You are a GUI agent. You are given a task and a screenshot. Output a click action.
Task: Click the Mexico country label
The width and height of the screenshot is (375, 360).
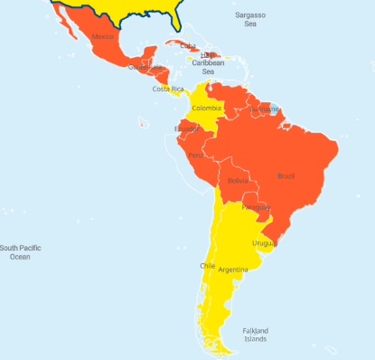(105, 37)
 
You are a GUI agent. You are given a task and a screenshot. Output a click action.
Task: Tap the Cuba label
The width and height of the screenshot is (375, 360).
(188, 45)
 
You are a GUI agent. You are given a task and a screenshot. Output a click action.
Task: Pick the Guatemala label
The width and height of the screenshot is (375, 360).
(145, 67)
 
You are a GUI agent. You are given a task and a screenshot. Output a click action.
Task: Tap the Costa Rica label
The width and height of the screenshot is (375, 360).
(167, 89)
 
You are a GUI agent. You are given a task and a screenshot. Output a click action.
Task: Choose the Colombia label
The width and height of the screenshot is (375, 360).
(205, 109)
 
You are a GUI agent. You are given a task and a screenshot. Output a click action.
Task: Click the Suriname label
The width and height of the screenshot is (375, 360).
(265, 109)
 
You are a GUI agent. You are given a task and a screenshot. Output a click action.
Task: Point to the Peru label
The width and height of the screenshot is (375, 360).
(195, 156)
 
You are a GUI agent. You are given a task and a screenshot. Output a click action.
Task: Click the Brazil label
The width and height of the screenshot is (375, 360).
(286, 175)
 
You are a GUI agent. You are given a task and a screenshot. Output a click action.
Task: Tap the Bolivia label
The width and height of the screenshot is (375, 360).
(238, 181)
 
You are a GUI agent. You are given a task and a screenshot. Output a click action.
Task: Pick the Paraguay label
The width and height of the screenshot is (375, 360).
(256, 207)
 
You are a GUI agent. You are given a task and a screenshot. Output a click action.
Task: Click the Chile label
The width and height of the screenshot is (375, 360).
(208, 266)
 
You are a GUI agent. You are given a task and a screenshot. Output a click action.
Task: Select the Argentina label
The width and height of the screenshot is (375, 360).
(233, 270)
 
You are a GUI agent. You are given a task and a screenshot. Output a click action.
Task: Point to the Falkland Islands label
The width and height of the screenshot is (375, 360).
(254, 335)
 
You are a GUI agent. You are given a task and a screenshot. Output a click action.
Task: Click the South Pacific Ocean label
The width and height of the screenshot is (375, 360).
(25, 252)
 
